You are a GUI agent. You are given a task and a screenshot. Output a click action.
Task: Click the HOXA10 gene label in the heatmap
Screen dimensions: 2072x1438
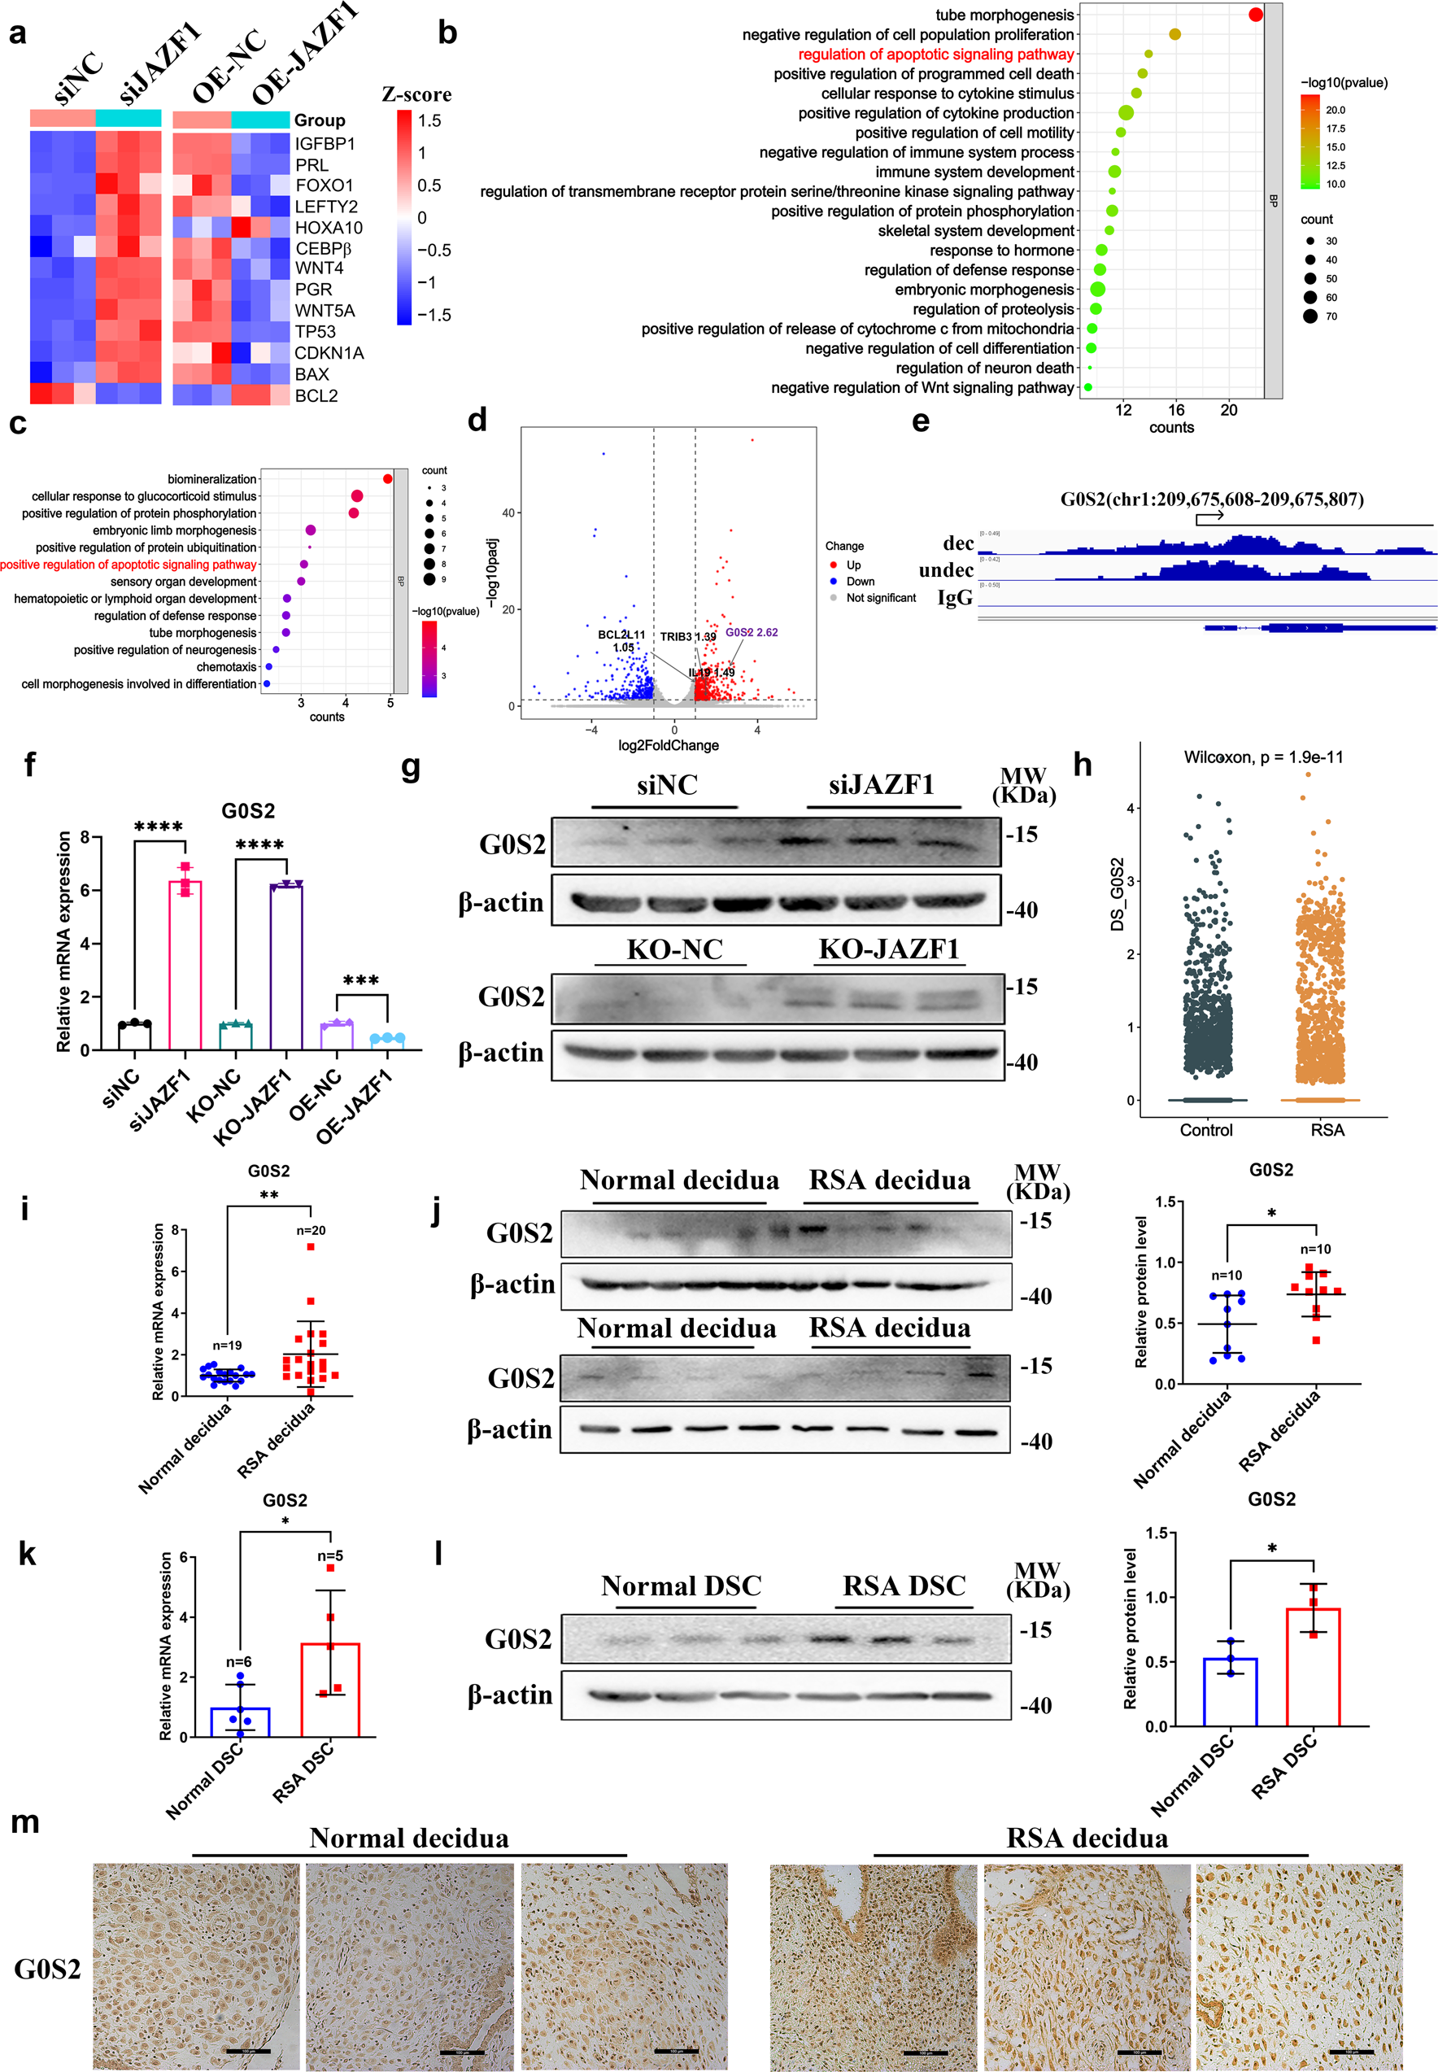click(328, 228)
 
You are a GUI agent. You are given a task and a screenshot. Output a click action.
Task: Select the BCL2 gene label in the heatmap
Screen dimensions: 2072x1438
click(316, 395)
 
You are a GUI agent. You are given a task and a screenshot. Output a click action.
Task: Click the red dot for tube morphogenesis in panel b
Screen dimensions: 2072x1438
click(1255, 15)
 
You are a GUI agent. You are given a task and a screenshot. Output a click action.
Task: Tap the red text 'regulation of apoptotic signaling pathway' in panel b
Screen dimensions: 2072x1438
click(935, 54)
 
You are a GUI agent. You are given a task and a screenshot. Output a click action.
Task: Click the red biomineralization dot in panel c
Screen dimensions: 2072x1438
click(387, 478)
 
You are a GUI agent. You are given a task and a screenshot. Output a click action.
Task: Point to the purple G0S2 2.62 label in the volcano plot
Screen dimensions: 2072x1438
click(752, 633)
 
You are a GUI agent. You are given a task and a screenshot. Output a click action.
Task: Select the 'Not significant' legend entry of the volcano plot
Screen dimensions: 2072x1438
click(880, 598)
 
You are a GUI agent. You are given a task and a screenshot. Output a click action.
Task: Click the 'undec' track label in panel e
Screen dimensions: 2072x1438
click(945, 570)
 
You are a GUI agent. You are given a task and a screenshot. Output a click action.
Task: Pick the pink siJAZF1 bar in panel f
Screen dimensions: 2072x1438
click(185, 964)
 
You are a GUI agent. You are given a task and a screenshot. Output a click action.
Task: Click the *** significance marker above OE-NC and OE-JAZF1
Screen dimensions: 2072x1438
click(360, 980)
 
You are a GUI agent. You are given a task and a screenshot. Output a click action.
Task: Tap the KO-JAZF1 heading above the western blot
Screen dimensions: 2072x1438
click(888, 949)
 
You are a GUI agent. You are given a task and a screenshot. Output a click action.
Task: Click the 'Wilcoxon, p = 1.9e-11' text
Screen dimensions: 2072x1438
click(1262, 757)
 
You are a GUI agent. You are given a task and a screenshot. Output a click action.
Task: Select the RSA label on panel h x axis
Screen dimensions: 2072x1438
click(1327, 1130)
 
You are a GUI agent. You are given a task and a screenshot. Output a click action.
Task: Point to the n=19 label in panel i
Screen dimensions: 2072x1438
click(227, 1346)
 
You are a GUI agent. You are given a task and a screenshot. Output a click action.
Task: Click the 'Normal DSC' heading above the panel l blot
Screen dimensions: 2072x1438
click(681, 1586)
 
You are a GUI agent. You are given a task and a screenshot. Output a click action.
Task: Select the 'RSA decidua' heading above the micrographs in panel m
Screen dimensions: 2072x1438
click(1087, 1839)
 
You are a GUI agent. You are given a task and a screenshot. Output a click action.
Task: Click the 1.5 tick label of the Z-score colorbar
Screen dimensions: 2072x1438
click(429, 120)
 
